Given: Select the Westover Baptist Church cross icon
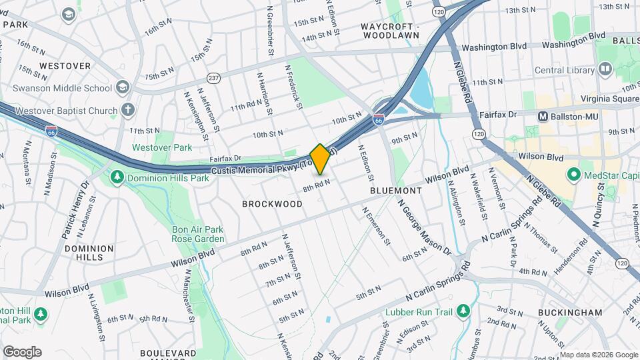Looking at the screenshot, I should [x=128, y=109].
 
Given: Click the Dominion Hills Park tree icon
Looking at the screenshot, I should [x=117, y=177].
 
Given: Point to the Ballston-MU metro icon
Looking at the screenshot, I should [x=543, y=117].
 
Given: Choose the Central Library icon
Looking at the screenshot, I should [x=605, y=69].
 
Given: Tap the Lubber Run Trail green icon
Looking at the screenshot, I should [x=463, y=311].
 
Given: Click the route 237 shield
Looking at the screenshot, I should [x=213, y=77].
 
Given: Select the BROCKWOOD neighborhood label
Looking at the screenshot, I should [x=267, y=204].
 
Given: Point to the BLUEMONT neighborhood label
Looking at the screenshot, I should [x=396, y=191].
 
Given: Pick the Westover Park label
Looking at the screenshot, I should [x=162, y=147].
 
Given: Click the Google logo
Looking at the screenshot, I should [x=22, y=351].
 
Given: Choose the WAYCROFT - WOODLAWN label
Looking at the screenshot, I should [x=390, y=31].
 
